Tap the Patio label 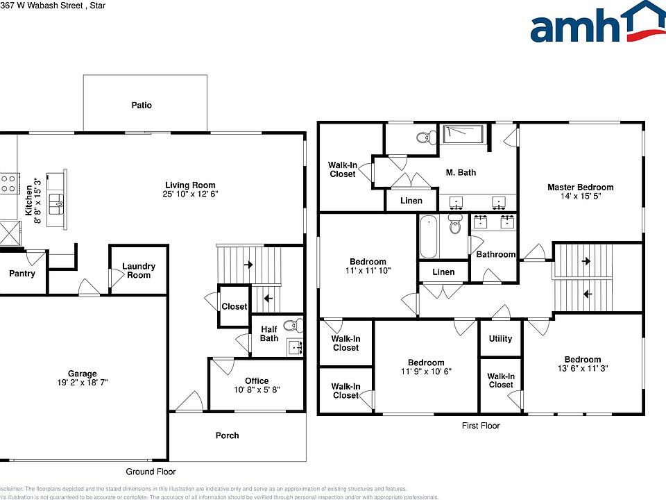142,106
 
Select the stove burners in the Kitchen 8,183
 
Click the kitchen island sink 58,202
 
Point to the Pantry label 22,274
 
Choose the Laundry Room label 139,271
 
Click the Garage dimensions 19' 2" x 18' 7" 82,383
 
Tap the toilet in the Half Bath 295,324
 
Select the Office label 257,381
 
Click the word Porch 227,435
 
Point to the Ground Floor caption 151,472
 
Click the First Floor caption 481,426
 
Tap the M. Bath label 461,172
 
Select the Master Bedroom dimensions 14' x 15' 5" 580,197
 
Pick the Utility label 500,339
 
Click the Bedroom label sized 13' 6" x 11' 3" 582,360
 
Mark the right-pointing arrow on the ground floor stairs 248,265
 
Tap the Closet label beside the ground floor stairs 234,306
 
